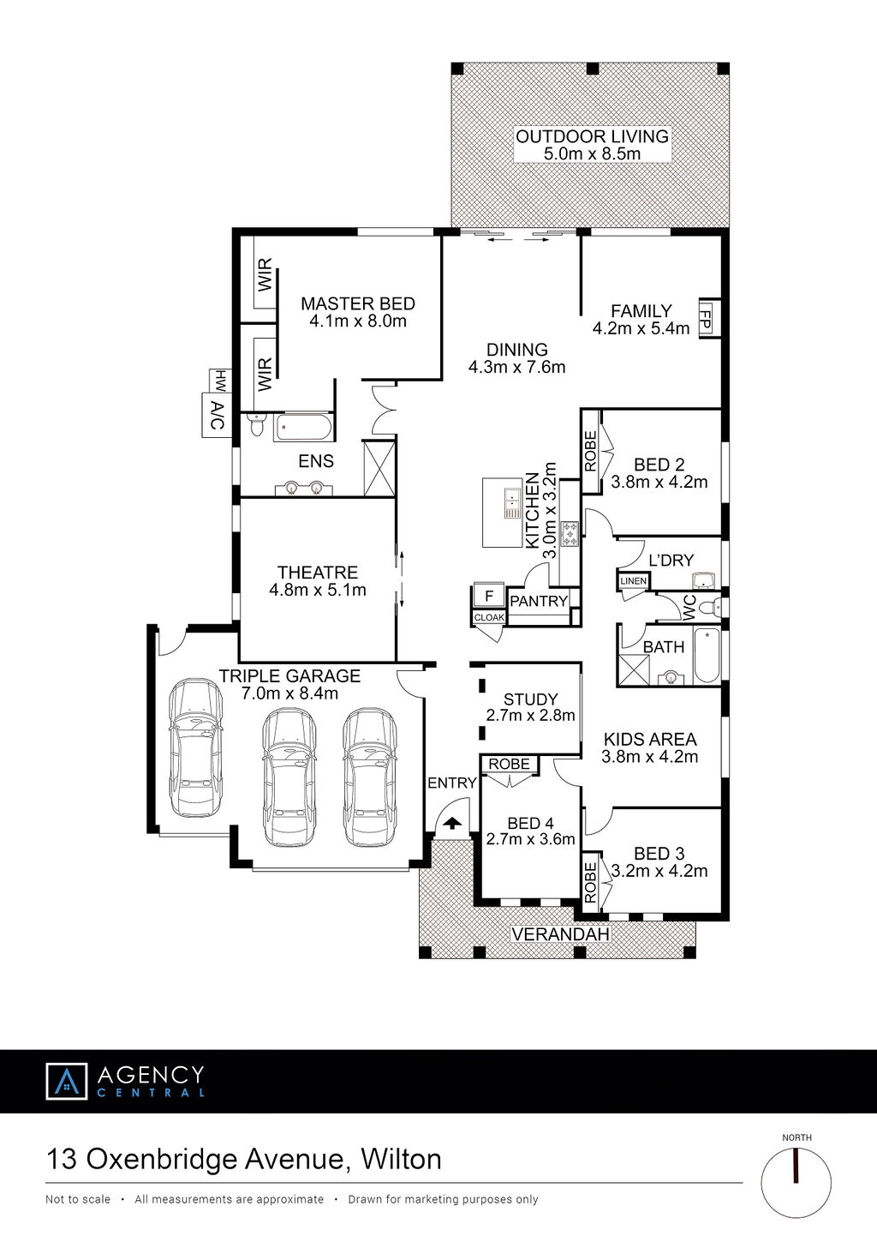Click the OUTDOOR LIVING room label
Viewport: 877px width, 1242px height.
tap(593, 136)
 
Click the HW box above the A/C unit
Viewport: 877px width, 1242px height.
tap(220, 381)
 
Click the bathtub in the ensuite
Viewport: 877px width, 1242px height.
tap(303, 428)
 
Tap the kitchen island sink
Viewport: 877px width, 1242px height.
tap(513, 503)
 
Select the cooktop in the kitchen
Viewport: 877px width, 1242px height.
tap(570, 533)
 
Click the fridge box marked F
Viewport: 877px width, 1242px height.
tap(489, 597)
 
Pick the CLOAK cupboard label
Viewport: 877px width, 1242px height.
tap(489, 618)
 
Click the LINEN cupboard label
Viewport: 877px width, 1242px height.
tap(633, 581)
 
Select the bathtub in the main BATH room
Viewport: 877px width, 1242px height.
tap(707, 656)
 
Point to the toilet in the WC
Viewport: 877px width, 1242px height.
tap(710, 608)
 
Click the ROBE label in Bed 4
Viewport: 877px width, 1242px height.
tap(509, 764)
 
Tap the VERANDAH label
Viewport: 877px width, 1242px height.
tap(560, 934)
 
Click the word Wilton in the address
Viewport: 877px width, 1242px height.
tap(401, 1160)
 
